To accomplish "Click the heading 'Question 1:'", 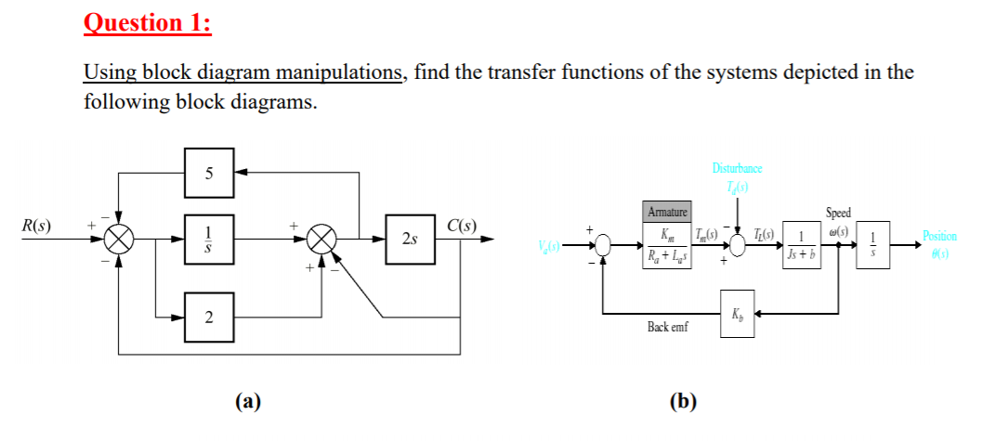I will [148, 22].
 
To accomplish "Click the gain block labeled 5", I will [208, 173].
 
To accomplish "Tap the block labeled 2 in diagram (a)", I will [208, 318].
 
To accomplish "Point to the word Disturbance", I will [737, 169].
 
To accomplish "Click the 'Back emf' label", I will [667, 328].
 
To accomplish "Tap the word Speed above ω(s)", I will [837, 213].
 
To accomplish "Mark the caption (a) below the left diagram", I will [247, 401].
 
